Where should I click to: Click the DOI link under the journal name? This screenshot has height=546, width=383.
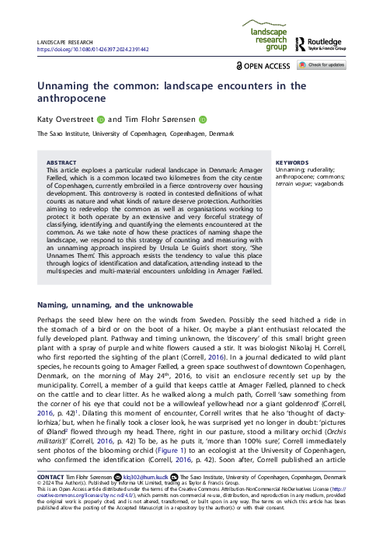[x=92, y=49]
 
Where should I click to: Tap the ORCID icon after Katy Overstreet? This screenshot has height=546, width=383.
[x=101, y=120]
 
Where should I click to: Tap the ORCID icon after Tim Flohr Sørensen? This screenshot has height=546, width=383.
[x=203, y=120]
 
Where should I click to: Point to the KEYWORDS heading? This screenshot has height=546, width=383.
[x=291, y=162]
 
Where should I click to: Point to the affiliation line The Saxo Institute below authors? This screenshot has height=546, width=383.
[x=135, y=134]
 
